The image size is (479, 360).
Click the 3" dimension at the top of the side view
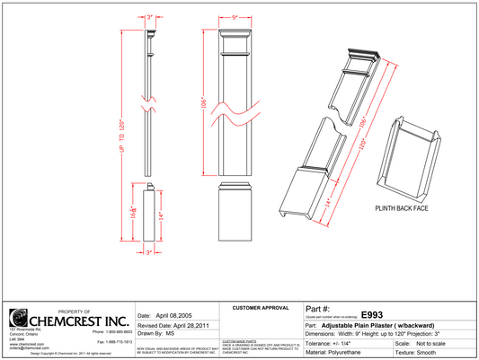[150, 15]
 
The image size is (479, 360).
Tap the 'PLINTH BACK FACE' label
[402, 207]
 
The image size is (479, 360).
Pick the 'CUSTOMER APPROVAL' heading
[260, 308]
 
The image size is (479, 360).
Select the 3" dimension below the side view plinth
[150, 253]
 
